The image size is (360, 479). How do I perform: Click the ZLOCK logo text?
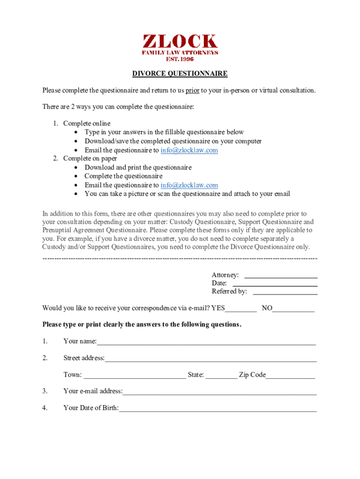tap(180, 42)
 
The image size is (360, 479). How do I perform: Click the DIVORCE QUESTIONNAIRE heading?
tap(180, 73)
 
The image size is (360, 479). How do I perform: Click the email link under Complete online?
tap(189, 150)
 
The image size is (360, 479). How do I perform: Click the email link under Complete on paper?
tap(189, 185)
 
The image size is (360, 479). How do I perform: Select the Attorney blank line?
tap(281, 276)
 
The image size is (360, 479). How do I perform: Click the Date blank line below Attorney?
tap(275, 283)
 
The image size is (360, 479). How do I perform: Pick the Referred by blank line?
tap(285, 292)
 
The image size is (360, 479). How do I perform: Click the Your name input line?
tap(206, 342)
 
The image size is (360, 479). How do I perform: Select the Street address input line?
tap(210, 359)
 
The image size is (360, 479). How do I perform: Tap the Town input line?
tap(135, 376)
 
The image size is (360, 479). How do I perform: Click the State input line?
tap(221, 376)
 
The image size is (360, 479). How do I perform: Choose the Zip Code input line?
tap(290, 376)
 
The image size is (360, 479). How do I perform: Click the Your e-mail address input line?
tap(219, 392)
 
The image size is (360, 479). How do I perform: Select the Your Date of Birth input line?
tap(217, 409)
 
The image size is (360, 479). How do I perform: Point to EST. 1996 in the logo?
tap(180, 59)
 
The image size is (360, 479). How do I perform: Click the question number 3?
tap(45, 391)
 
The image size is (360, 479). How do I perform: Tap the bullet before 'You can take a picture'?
tap(76, 194)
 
